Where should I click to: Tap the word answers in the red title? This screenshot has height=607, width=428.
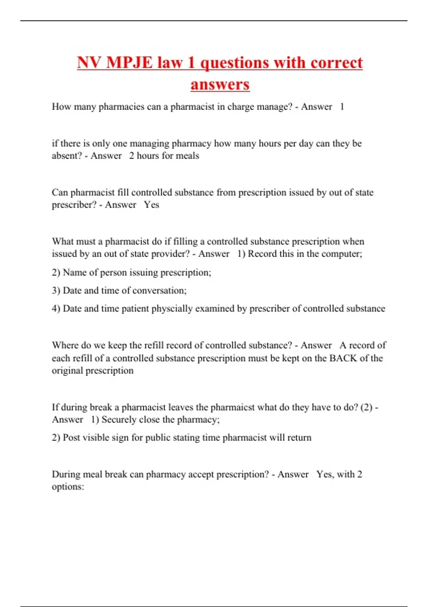220,85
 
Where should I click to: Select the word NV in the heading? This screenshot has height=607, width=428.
89,63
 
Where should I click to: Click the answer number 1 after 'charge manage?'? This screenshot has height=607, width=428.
342,107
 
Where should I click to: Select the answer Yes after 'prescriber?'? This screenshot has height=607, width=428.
152,205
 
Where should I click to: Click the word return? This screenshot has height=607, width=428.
299,438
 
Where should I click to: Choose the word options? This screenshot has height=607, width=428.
68,487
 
